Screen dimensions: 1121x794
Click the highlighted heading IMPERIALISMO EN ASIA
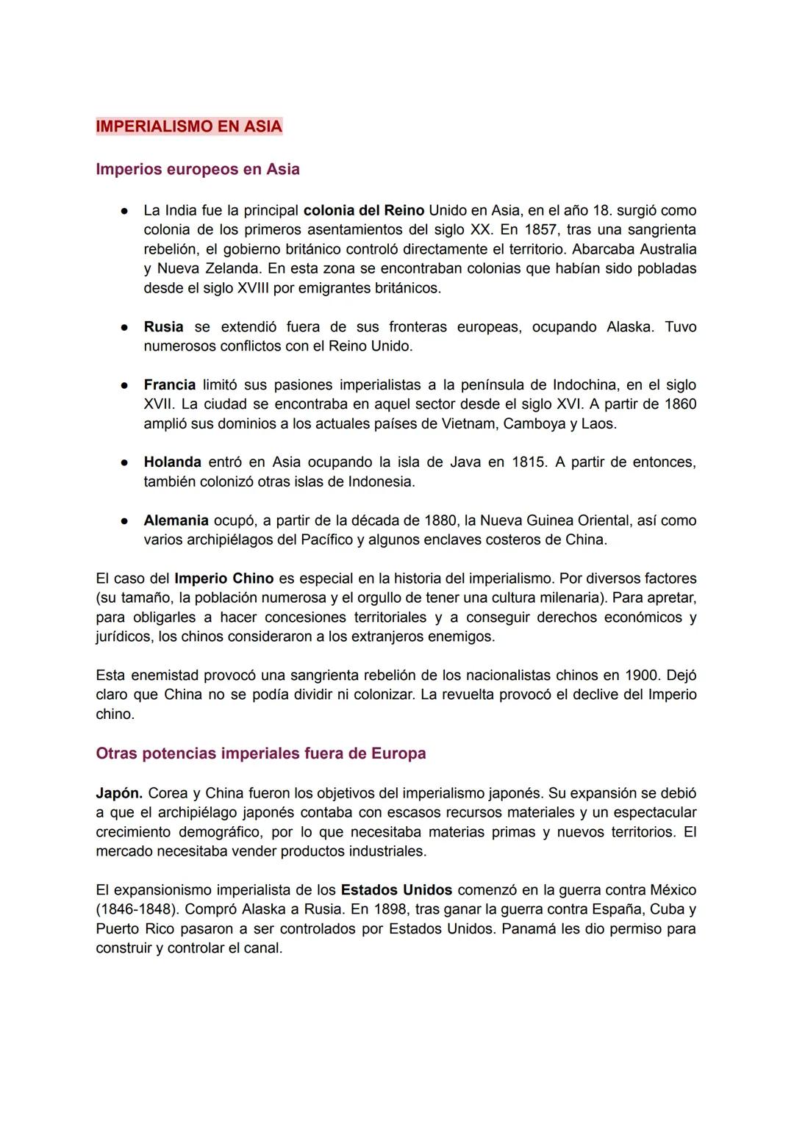click(189, 126)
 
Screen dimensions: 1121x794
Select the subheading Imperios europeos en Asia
click(197, 169)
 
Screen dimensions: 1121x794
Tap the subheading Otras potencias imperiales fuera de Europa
click(260, 753)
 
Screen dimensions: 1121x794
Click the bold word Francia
click(169, 384)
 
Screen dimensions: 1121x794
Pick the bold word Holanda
click(172, 462)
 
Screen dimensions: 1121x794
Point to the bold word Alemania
click(176, 520)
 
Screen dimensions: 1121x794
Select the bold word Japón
click(119, 793)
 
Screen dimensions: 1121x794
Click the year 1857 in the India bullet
click(540, 230)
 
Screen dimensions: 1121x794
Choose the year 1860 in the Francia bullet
click(679, 404)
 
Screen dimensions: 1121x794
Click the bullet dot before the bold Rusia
click(126, 327)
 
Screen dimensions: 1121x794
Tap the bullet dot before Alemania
click(126, 521)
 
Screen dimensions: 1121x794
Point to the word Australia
click(660, 249)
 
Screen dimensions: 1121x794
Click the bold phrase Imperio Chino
click(223, 579)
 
